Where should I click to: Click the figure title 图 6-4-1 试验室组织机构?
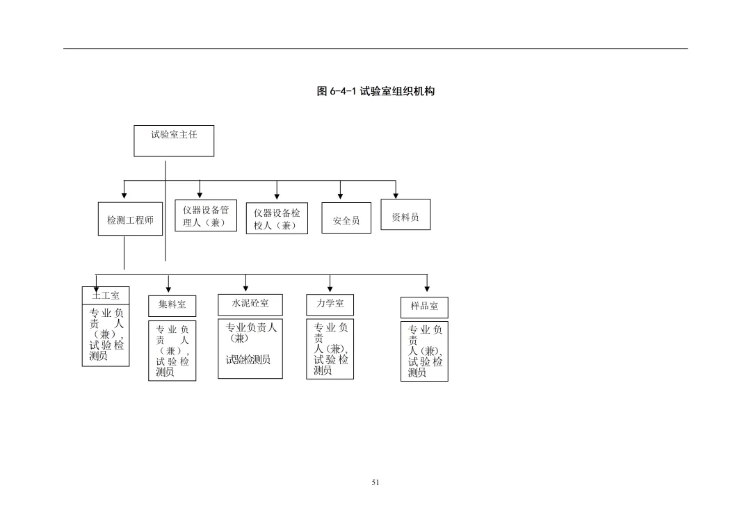pyautogui.click(x=375, y=91)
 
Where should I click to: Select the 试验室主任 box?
pyautogui.click(x=174, y=140)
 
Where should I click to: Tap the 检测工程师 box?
pyautogui.click(x=130, y=220)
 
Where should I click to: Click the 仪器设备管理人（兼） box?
pyautogui.click(x=206, y=216)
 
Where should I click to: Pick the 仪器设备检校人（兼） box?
pyautogui.click(x=277, y=219)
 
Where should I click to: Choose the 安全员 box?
pyautogui.click(x=346, y=218)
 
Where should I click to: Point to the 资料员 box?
pyautogui.click(x=405, y=215)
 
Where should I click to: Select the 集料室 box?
pyautogui.click(x=172, y=305)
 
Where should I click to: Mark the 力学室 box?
pyautogui.click(x=330, y=304)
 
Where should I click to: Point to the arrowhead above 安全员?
pyautogui.click(x=340, y=194)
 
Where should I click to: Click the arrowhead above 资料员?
pyautogui.click(x=396, y=194)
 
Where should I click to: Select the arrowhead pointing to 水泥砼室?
pyautogui.click(x=245, y=287)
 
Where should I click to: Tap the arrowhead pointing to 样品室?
pyautogui.click(x=427, y=288)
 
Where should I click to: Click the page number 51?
pyautogui.click(x=376, y=482)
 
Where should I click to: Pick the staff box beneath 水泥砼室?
pyautogui.click(x=250, y=349)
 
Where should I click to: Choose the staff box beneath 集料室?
pyautogui.click(x=172, y=350)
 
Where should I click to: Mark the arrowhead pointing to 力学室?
pyautogui.click(x=330, y=288)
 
